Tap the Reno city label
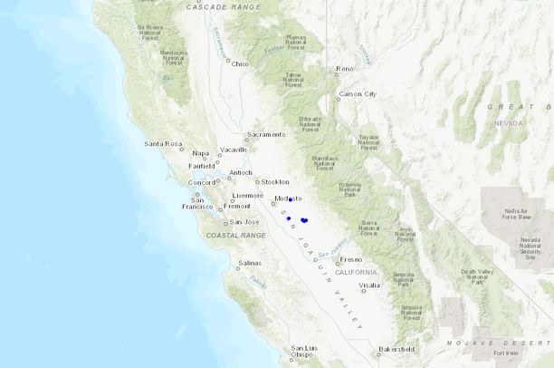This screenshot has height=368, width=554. click(x=345, y=69)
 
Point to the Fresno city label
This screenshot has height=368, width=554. click(x=350, y=260)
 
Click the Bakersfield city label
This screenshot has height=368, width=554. click(x=396, y=349)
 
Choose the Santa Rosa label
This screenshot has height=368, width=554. click(x=162, y=143)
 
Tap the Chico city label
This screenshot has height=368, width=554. click(x=240, y=63)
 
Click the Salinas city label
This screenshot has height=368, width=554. click(x=250, y=263)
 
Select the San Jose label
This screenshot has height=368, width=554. click(x=244, y=222)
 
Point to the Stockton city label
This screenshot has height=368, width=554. click(x=275, y=181)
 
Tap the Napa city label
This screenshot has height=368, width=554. click(x=200, y=153)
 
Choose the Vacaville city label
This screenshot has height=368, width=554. click(x=233, y=150)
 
